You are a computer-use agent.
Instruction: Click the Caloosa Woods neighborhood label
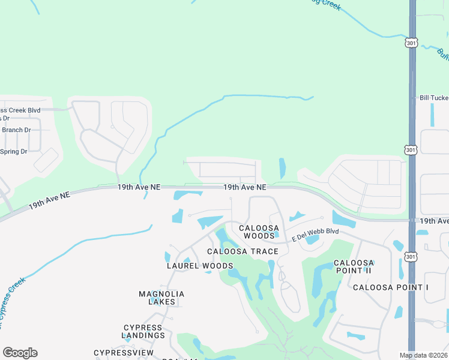pos(259,232)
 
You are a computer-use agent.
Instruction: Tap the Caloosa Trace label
pos(243,251)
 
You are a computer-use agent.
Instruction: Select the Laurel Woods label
pos(199,266)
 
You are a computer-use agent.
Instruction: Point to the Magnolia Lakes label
pos(161,298)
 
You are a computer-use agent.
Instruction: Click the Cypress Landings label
pos(143,331)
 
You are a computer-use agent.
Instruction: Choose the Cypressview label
pos(124,352)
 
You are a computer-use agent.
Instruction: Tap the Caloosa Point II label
pos(354,267)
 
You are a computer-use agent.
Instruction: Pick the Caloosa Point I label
pos(391,287)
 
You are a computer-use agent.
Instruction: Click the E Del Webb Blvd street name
pos(315,235)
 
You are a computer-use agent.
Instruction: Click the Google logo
pos(20,353)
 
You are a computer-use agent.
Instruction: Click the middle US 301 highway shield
pos(411,149)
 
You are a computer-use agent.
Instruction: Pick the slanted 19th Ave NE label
pos(49,200)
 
